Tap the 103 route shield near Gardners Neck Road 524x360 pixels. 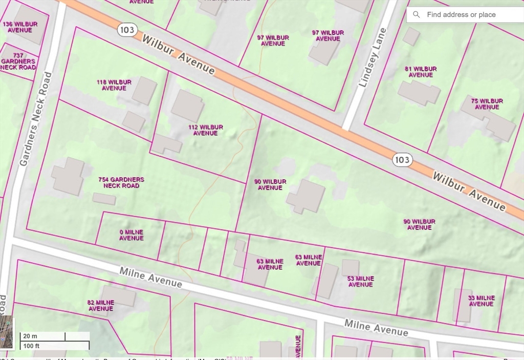(x=126, y=30)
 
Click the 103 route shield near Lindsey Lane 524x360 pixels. (x=402, y=160)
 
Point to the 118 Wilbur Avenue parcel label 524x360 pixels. (x=114, y=85)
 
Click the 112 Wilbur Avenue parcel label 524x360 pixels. (x=205, y=130)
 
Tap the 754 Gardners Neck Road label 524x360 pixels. (x=121, y=183)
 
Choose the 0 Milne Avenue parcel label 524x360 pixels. (x=132, y=235)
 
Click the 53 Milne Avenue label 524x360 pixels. (x=361, y=282)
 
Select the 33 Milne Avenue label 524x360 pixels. (x=482, y=301)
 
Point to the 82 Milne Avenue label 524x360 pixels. (x=101, y=306)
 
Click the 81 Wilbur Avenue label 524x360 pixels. (x=421, y=72)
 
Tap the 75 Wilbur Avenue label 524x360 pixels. (x=487, y=104)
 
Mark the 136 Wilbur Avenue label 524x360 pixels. (x=20, y=27)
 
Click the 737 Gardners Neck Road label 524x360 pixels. (x=18, y=61)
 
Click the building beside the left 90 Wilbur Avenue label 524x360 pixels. (x=306, y=196)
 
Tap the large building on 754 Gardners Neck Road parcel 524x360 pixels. (x=68, y=176)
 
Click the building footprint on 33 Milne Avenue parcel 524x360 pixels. (x=462, y=305)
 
